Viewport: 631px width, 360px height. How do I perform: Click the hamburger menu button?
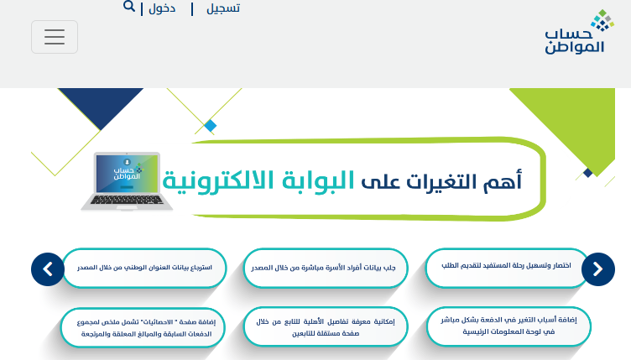(x=55, y=37)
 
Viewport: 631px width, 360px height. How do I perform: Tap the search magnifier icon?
(x=128, y=7)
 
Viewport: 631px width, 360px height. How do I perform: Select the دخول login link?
(x=162, y=8)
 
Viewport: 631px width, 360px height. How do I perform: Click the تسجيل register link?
(x=223, y=8)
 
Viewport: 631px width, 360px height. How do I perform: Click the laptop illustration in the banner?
(x=127, y=181)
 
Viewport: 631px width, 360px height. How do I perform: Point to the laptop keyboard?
(x=127, y=200)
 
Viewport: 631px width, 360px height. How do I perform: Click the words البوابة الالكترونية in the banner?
(x=258, y=180)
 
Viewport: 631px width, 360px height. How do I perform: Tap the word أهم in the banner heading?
(x=503, y=180)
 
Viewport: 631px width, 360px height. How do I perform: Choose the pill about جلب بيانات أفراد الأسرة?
(x=326, y=269)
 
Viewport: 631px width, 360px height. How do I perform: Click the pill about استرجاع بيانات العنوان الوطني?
(x=144, y=269)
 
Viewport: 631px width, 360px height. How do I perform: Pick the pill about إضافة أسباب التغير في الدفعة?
(x=508, y=326)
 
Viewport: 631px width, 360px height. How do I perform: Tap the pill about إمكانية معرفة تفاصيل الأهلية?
(x=326, y=326)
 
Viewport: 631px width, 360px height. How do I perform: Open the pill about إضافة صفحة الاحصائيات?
(x=143, y=328)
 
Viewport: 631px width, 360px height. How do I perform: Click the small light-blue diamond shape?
(x=210, y=126)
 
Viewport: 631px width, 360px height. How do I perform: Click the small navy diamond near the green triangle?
(x=588, y=173)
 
